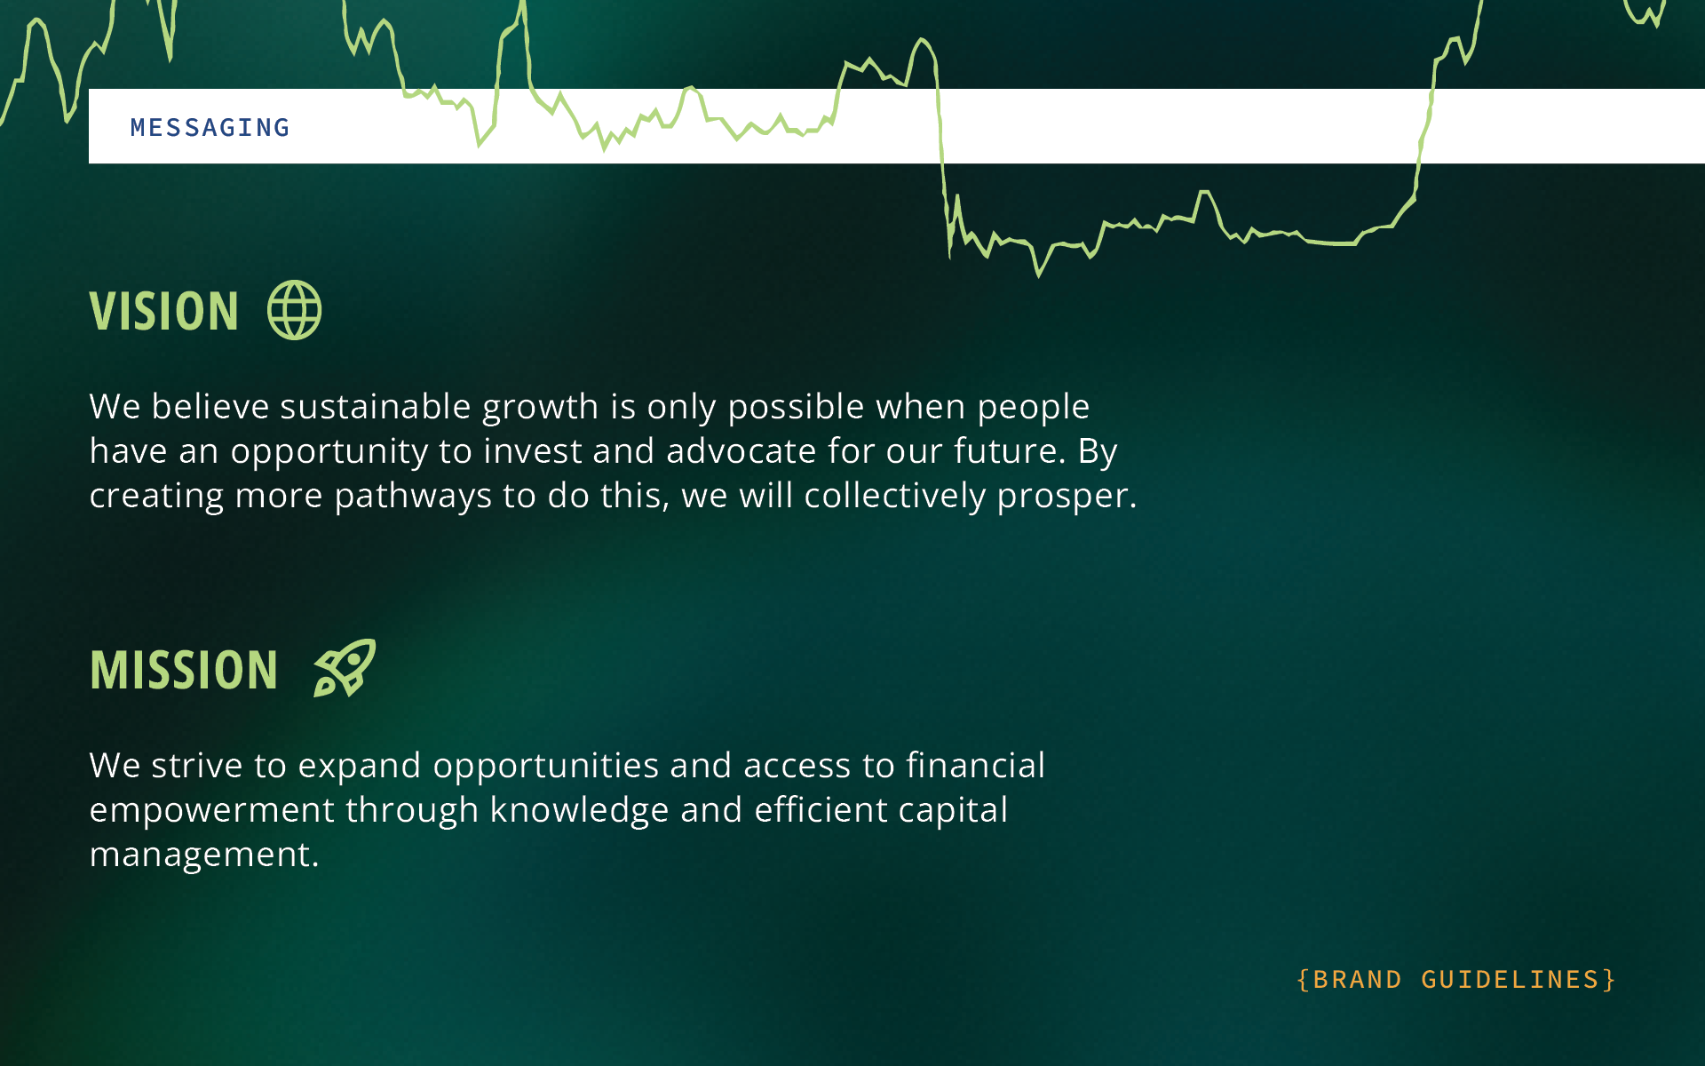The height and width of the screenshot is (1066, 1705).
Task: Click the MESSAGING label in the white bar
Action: (210, 128)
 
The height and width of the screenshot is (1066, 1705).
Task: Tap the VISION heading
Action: (164, 312)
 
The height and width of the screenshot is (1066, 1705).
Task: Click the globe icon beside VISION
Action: (295, 310)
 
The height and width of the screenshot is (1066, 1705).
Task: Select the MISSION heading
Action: (184, 670)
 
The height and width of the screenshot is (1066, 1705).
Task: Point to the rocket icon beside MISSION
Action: (345, 668)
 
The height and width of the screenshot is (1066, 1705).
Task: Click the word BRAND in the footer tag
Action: (1357, 980)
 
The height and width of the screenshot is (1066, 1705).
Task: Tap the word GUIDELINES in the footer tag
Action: (1510, 980)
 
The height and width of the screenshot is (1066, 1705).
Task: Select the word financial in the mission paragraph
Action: (976, 766)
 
